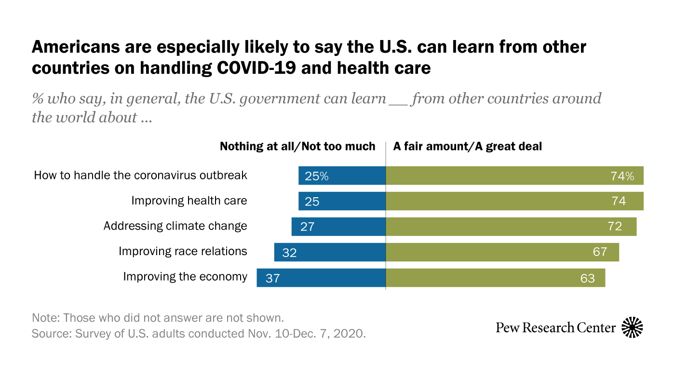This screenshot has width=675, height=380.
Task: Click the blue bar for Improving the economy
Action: tap(321, 278)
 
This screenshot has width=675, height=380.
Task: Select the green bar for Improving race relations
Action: tap(502, 252)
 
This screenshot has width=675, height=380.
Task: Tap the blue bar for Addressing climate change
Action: tap(338, 227)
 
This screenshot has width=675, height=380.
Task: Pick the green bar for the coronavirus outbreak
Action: tap(514, 176)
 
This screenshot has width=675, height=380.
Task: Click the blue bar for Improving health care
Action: tap(342, 201)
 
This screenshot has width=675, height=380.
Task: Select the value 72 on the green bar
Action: tap(615, 227)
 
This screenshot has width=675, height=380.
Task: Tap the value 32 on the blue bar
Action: tap(289, 252)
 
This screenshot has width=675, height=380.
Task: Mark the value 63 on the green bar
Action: tap(587, 278)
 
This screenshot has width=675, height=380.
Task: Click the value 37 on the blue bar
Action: tap(272, 278)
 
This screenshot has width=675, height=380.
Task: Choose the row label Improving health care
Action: tap(189, 201)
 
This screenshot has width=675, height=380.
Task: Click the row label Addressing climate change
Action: tap(175, 226)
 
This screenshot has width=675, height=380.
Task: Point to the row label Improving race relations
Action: tap(183, 251)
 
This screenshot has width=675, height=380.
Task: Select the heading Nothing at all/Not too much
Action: tap(297, 146)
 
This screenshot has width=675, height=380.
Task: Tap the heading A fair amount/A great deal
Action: tap(468, 146)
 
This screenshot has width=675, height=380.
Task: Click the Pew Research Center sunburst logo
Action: tap(633, 327)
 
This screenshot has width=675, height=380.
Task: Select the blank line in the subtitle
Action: tap(399, 102)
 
